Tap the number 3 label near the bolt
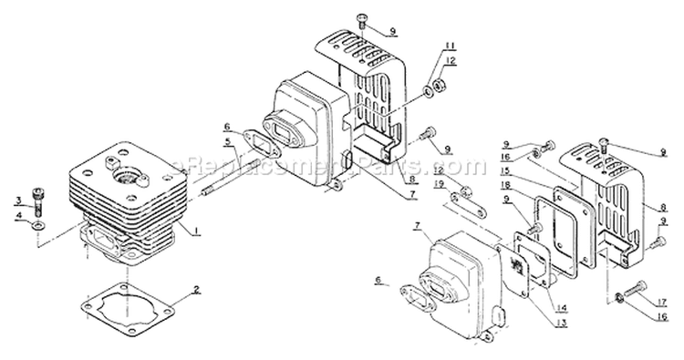coord(17,200)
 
